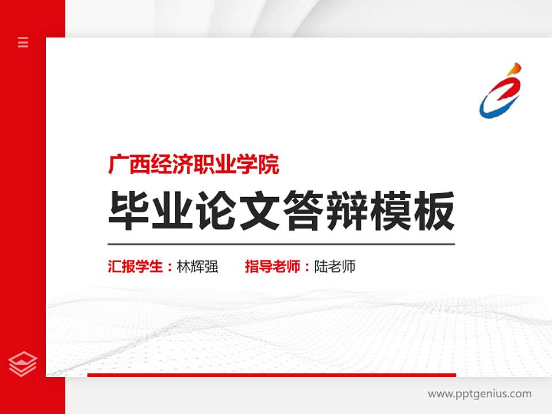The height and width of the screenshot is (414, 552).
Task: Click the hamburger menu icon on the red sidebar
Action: (23, 42)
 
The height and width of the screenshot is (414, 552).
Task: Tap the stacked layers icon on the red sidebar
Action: (23, 363)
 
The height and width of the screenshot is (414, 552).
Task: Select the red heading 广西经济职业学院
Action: (194, 166)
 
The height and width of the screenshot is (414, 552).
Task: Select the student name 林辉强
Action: (197, 267)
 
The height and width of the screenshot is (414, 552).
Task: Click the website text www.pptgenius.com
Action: (480, 394)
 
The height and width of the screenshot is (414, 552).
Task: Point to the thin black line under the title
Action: (281, 244)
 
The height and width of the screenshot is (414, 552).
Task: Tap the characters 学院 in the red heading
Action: (265, 166)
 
